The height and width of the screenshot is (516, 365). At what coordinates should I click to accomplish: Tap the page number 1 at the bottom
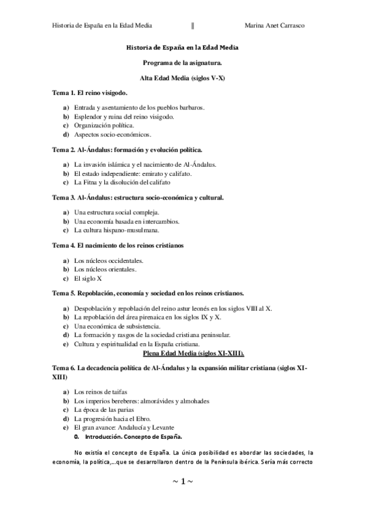point(182,481)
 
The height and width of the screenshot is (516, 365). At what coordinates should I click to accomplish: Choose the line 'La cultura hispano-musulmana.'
point(116,230)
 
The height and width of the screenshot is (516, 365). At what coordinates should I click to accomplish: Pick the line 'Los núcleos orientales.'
point(105,269)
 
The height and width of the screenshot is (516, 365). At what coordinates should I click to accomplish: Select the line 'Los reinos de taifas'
point(101,392)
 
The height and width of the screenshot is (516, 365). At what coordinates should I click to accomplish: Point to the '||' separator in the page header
point(193,26)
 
